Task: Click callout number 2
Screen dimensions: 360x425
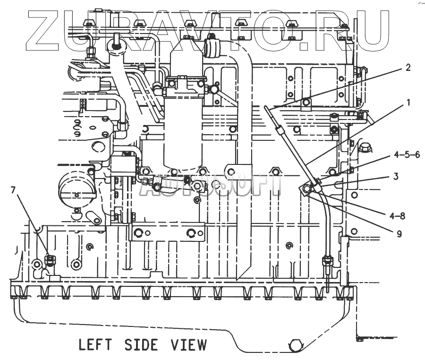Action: pyautogui.click(x=407, y=67)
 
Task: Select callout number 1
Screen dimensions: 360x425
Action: pyautogui.click(x=408, y=102)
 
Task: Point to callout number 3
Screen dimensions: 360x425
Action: pyautogui.click(x=396, y=176)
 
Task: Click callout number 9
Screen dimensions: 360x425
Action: pyautogui.click(x=399, y=233)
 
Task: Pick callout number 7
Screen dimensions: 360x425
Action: pyautogui.click(x=13, y=190)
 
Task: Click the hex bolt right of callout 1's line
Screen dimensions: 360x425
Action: pyautogui.click(x=364, y=148)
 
